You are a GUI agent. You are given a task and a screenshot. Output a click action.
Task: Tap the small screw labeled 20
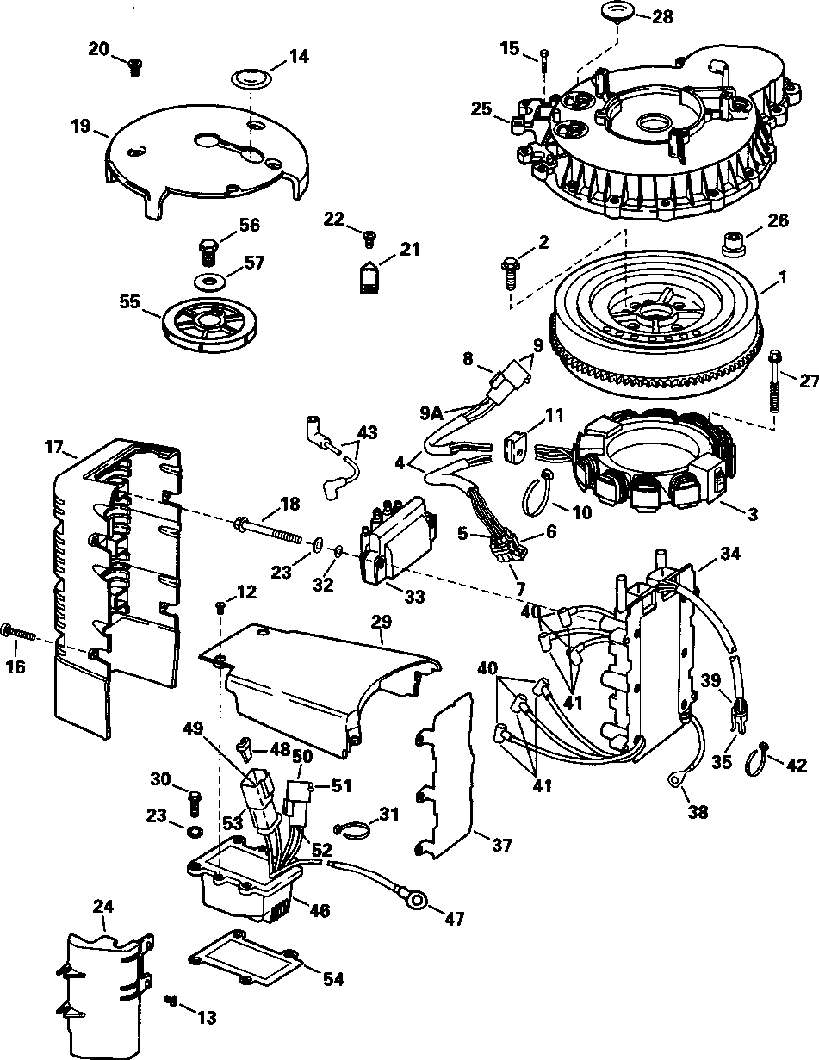point(134,67)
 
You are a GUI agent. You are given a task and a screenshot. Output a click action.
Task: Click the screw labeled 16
point(20,632)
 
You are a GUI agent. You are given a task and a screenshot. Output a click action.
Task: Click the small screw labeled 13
point(171,1001)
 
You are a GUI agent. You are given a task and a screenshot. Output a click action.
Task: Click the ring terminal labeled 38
point(673,779)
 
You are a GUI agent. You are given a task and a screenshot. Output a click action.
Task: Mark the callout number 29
point(381,621)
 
